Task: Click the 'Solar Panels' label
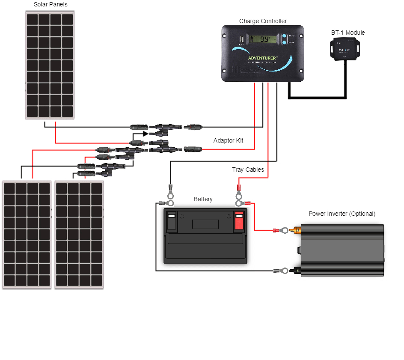[50, 5]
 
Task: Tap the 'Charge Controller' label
[263, 21]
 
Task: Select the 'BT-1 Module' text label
[348, 33]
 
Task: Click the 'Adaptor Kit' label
[228, 140]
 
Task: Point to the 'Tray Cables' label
[248, 170]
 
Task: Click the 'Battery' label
[203, 199]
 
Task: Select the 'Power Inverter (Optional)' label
[342, 214]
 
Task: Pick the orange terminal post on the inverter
[296, 231]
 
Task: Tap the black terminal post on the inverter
[296, 270]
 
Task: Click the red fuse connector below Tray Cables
[238, 187]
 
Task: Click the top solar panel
[50, 65]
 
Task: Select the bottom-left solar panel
[27, 235]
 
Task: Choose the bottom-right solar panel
[79, 235]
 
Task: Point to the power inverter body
[342, 250]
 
